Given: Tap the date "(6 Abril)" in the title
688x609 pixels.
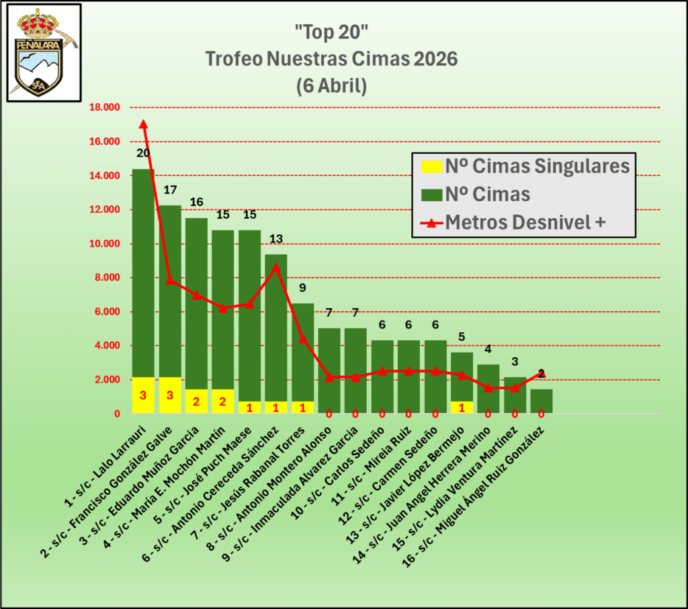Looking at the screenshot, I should click(x=331, y=87).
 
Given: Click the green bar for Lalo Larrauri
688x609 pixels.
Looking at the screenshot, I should click(x=143, y=269).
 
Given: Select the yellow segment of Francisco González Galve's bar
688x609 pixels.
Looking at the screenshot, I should click(x=170, y=395).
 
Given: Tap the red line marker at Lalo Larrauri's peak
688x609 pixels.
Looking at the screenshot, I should click(x=143, y=124).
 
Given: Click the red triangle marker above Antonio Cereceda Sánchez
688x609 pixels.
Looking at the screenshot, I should click(x=276, y=267).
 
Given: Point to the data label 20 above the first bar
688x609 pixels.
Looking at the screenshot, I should click(x=143, y=153).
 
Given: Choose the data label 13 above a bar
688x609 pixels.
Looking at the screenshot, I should click(x=276, y=239).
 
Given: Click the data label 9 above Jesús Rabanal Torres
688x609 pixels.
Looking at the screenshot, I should click(x=303, y=288).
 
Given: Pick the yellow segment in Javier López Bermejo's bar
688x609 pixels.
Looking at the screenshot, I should click(x=462, y=407).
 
